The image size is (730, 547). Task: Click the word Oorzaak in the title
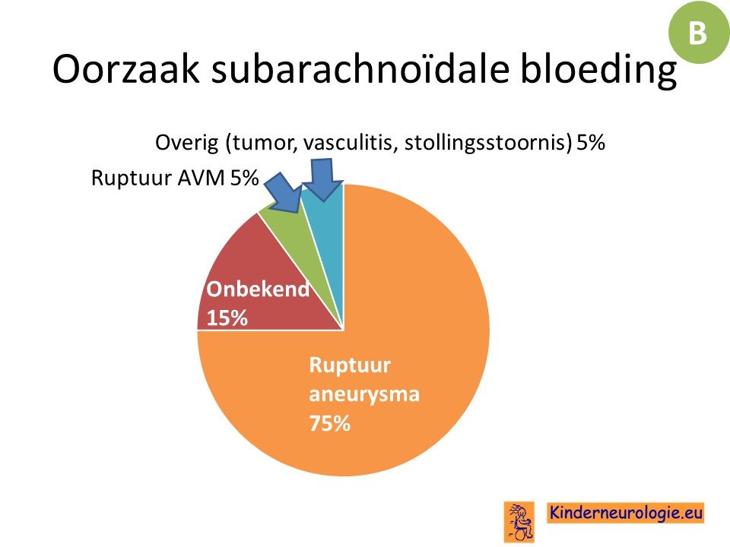125,69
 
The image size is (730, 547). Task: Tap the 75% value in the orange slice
329,424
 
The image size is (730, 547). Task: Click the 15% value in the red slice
227,318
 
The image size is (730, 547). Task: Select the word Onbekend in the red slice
258,289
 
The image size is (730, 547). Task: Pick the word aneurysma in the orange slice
364,395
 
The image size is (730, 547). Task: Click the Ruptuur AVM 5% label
175,178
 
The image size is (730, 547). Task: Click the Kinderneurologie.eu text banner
625,513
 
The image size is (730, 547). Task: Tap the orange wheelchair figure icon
519,522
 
